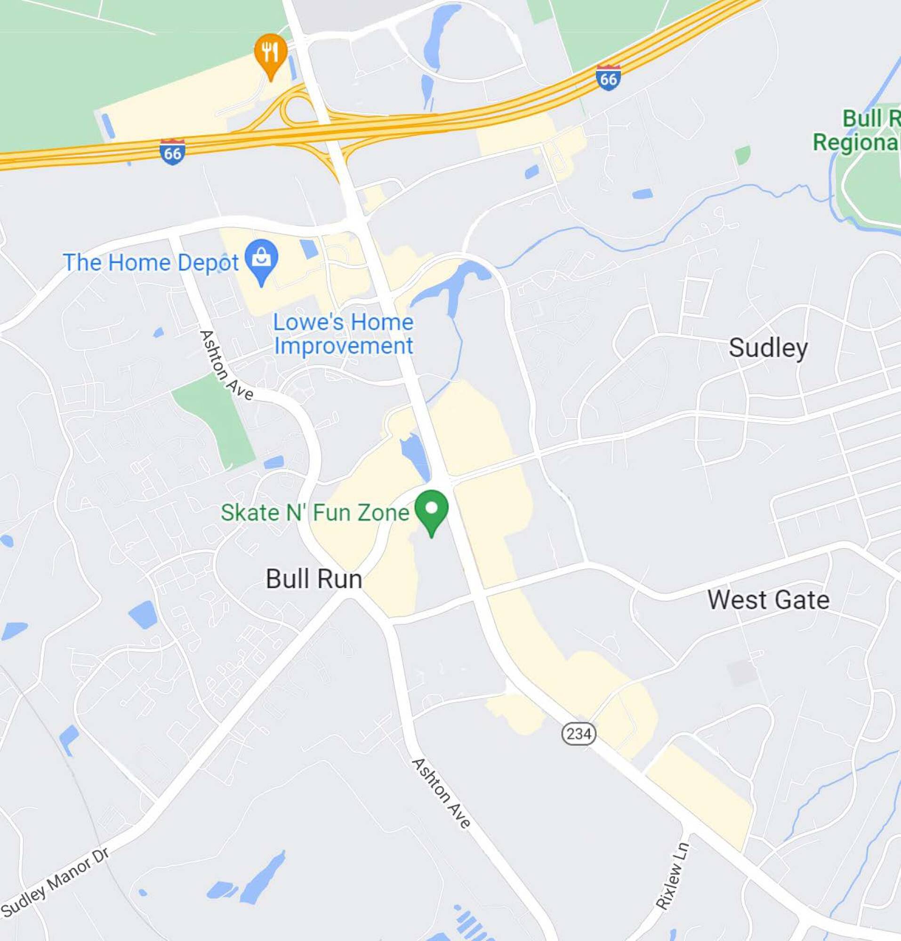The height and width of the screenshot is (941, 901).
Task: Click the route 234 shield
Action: coord(579,733)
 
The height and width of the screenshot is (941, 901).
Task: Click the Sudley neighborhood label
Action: coord(767,348)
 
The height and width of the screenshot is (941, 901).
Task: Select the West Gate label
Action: coord(768,599)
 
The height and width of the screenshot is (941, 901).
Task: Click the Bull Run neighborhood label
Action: coord(314,579)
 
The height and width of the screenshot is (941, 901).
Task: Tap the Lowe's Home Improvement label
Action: coord(343,334)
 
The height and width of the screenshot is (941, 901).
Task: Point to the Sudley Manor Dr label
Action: coord(55,881)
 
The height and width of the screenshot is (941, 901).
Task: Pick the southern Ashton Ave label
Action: coord(441,793)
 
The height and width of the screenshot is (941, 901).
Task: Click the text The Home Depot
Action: coord(150,263)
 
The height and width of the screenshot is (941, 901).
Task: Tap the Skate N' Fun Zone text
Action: coord(314,513)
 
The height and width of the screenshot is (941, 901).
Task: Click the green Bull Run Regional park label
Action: coord(860,131)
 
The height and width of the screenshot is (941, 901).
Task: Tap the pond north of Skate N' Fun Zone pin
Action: coord(414,454)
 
